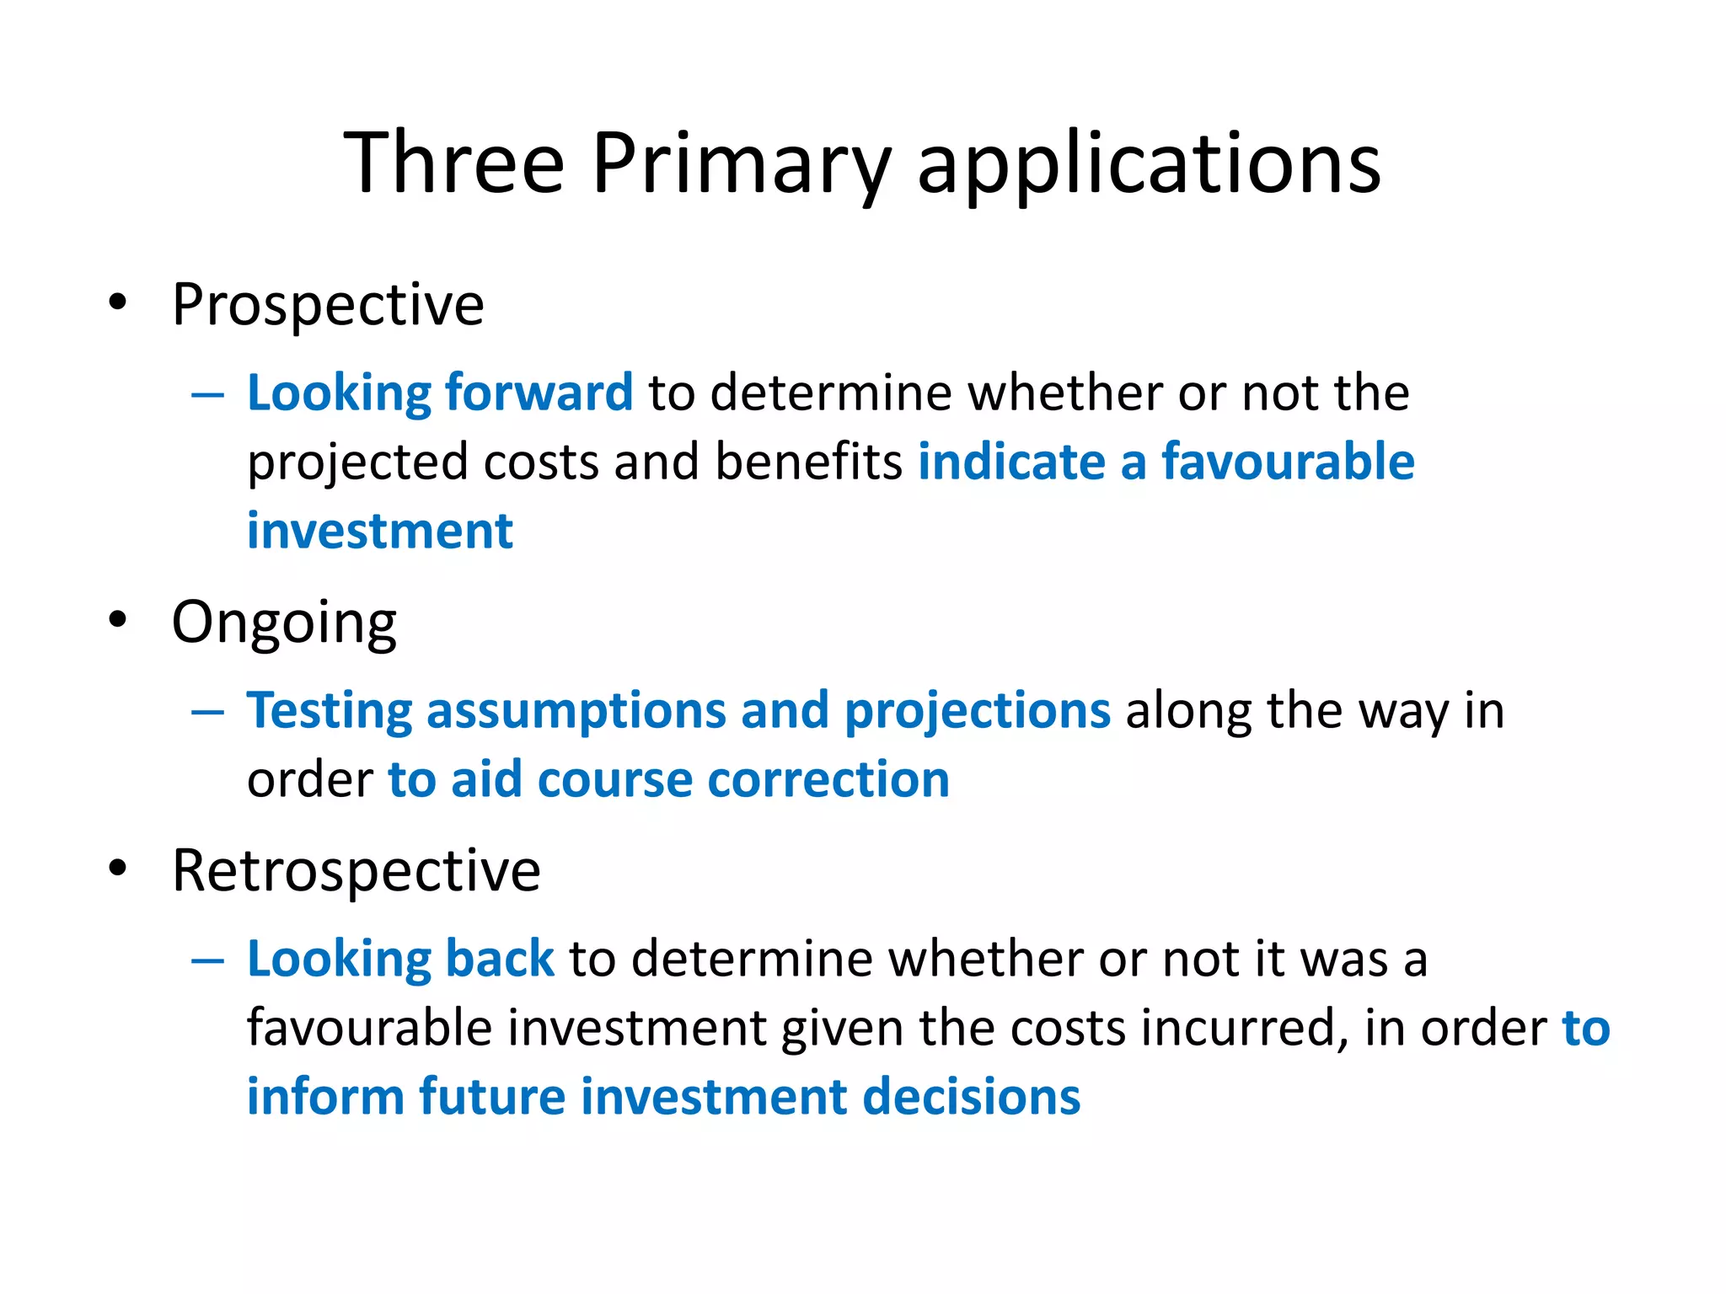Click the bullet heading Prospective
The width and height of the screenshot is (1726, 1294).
[327, 305]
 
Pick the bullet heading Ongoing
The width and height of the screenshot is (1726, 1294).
[283, 623]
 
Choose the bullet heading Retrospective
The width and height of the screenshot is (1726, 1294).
[356, 871]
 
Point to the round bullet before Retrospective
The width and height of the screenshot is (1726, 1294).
[118, 869]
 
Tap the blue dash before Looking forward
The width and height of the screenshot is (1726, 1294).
[207, 394]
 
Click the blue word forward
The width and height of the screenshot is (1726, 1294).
[539, 393]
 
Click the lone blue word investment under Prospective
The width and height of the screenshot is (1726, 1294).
[379, 532]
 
